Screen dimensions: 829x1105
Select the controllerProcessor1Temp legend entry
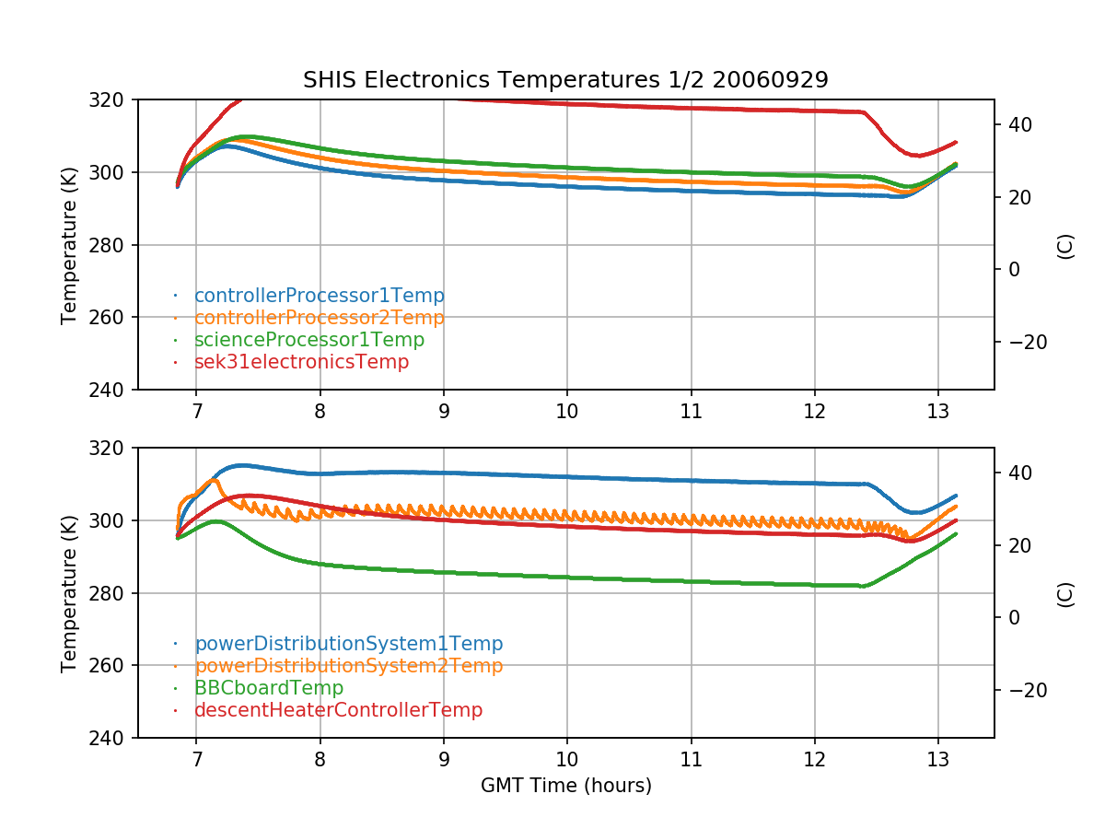point(319,296)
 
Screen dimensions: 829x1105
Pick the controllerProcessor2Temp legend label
point(319,318)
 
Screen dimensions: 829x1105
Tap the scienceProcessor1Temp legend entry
point(309,340)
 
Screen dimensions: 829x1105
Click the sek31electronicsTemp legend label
point(301,362)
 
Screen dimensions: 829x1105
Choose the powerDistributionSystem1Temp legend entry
point(348,644)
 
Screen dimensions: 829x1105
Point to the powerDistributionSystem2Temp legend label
point(348,666)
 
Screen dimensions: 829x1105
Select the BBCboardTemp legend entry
point(269,688)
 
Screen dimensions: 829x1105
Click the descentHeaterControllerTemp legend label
point(338,710)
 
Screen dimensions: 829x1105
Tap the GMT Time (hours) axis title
point(565,786)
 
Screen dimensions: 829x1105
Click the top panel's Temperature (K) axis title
point(69,244)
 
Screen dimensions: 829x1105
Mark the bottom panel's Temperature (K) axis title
point(69,592)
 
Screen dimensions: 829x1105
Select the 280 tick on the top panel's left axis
point(110,245)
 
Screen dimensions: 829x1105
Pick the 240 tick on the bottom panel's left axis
point(110,738)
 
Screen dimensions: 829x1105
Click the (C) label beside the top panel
point(1065,245)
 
